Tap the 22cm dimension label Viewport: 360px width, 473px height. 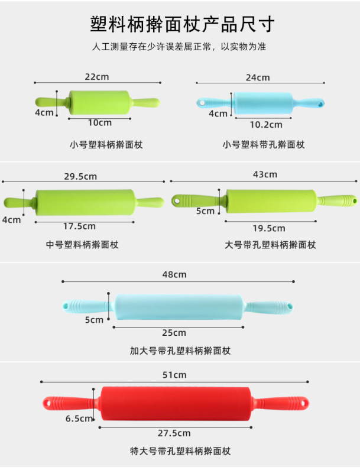tap(97, 77)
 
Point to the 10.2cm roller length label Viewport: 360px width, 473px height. tap(265, 125)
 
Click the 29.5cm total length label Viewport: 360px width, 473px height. tap(80, 176)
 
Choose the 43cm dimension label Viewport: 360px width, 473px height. tap(265, 174)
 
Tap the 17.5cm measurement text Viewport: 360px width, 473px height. tap(79, 226)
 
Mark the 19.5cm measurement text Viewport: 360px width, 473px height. tap(269, 228)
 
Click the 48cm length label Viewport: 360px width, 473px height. tap(174, 274)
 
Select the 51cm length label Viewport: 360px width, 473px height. tap(174, 375)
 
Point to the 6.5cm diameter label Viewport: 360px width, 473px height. tap(79, 419)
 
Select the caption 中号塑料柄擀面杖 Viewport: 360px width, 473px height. tap(82, 244)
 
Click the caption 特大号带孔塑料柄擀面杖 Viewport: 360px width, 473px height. tap(180, 451)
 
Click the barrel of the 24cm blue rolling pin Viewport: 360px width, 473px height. tap(264, 102)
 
